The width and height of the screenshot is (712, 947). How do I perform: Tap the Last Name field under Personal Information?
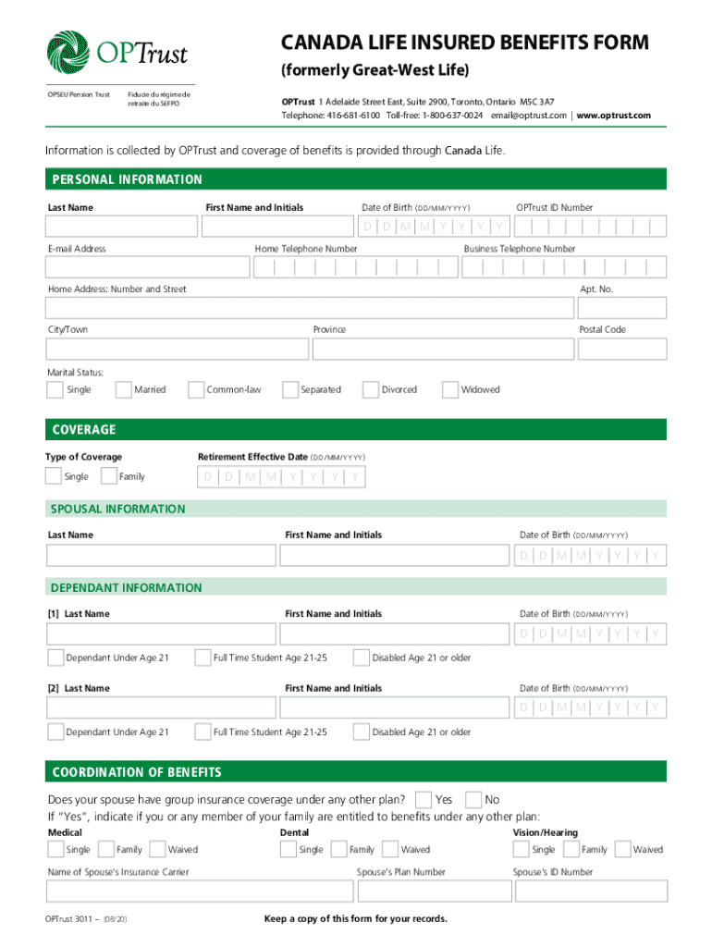click(x=121, y=227)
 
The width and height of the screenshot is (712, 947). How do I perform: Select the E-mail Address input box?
click(x=148, y=267)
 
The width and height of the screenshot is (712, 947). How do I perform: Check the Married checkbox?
click(x=123, y=389)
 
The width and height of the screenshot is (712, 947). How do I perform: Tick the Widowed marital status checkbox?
click(x=450, y=389)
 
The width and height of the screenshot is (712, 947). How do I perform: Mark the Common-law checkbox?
click(x=195, y=389)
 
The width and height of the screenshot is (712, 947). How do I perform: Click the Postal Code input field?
click(x=620, y=349)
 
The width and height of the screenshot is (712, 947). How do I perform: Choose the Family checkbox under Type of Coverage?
click(x=108, y=476)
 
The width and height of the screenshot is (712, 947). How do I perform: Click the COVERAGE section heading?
click(x=84, y=430)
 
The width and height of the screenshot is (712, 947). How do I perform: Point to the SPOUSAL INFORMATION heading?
click(x=117, y=509)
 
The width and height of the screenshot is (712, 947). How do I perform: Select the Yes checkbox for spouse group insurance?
click(x=424, y=799)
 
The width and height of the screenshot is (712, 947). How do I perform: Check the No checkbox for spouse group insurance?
click(x=473, y=799)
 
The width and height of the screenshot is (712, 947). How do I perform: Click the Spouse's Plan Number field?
click(x=433, y=891)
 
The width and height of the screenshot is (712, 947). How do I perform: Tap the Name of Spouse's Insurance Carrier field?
click(x=200, y=891)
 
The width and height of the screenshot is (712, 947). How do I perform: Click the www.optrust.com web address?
click(x=614, y=116)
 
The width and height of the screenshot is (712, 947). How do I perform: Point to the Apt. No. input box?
click(x=620, y=308)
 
